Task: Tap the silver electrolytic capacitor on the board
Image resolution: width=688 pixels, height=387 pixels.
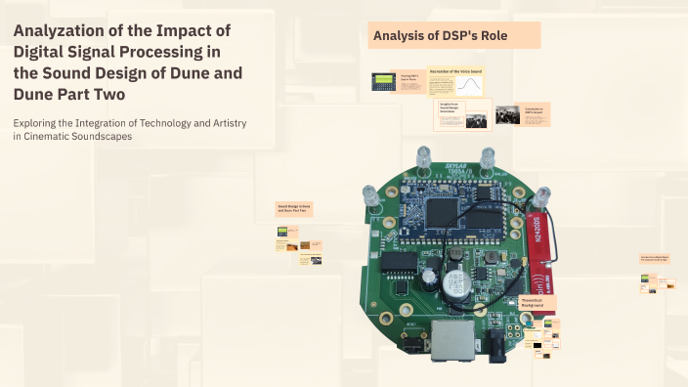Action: (452, 284)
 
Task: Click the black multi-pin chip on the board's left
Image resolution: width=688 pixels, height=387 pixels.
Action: (397, 262)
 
